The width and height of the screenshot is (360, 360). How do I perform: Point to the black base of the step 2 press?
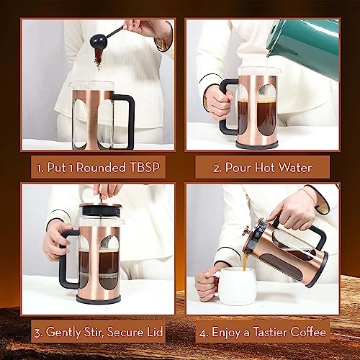(257, 144)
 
